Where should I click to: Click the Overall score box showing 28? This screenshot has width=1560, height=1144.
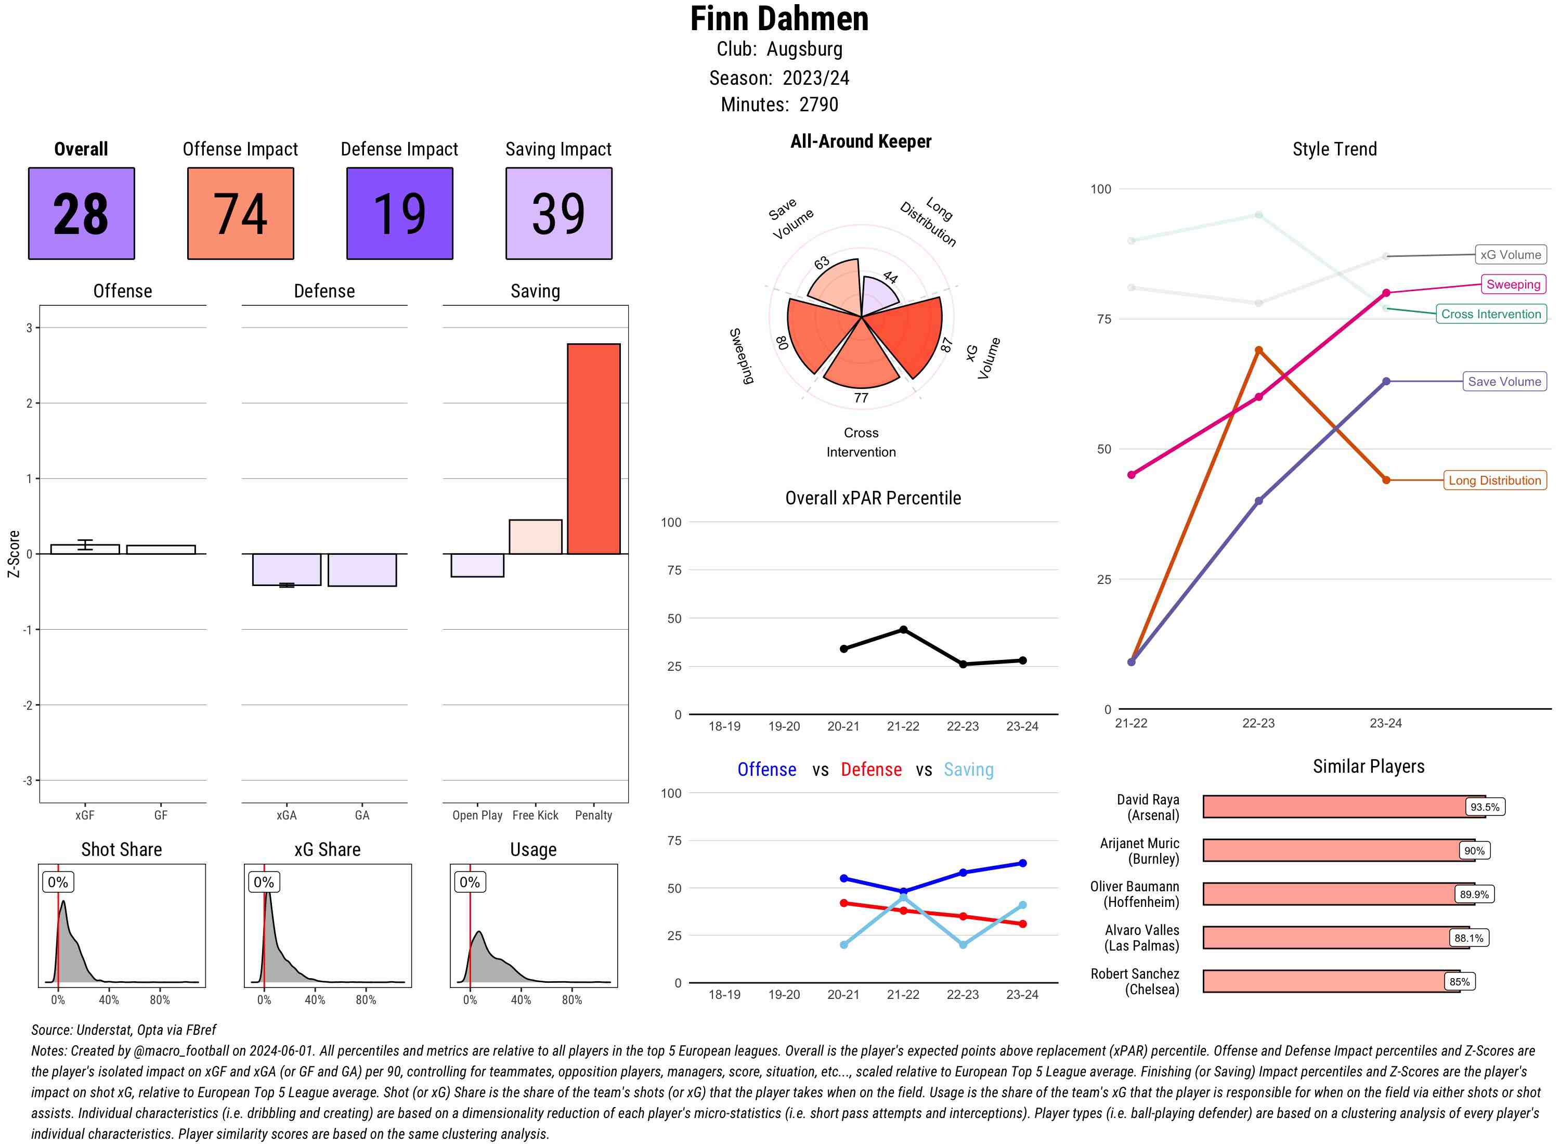[81, 213]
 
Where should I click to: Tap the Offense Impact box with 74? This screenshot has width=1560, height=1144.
[240, 213]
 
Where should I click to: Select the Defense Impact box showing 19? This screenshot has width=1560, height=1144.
[399, 213]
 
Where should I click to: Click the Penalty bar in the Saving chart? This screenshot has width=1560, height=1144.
[593, 449]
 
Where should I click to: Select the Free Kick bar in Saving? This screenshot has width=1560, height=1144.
[535, 537]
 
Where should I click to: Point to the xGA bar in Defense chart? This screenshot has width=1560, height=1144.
[287, 569]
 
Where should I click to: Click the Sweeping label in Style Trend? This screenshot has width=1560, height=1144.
[1512, 284]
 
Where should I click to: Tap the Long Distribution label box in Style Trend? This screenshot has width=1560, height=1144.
[1494, 480]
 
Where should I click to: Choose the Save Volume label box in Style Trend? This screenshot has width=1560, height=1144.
[1504, 382]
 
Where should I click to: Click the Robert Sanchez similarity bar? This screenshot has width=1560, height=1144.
[1330, 981]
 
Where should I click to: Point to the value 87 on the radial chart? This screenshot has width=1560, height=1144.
[946, 345]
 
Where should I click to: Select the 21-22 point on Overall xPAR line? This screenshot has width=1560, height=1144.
[903, 630]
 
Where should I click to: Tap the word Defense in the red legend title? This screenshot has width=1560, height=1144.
[870, 770]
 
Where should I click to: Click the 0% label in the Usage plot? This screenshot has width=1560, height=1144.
[470, 882]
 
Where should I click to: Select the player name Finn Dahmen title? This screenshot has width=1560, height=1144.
[779, 19]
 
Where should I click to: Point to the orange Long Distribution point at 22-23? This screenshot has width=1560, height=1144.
[1258, 350]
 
